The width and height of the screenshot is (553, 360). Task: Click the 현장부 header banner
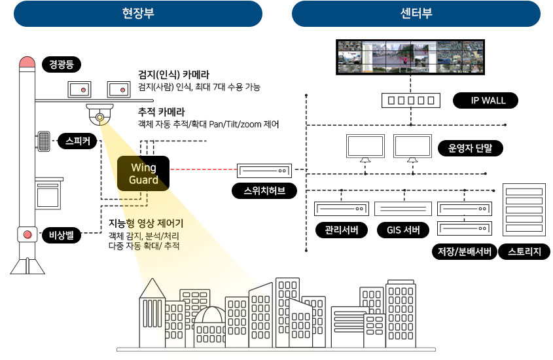click(x=138, y=14)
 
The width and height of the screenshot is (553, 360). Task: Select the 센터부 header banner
click(x=416, y=14)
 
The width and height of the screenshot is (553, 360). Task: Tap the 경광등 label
click(x=60, y=64)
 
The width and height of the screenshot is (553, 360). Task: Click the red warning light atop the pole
click(x=27, y=62)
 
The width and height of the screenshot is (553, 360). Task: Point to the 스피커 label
click(x=77, y=141)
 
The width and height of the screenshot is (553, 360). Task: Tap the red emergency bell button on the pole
click(x=27, y=234)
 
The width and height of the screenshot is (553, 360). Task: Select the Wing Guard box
click(x=143, y=173)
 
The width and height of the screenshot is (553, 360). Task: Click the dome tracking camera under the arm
click(x=99, y=115)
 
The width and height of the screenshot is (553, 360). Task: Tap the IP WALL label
click(x=485, y=101)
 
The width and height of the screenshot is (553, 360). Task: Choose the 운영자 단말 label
click(x=470, y=149)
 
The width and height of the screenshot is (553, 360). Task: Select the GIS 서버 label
click(x=403, y=230)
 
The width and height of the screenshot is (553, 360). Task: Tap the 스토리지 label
click(x=525, y=252)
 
